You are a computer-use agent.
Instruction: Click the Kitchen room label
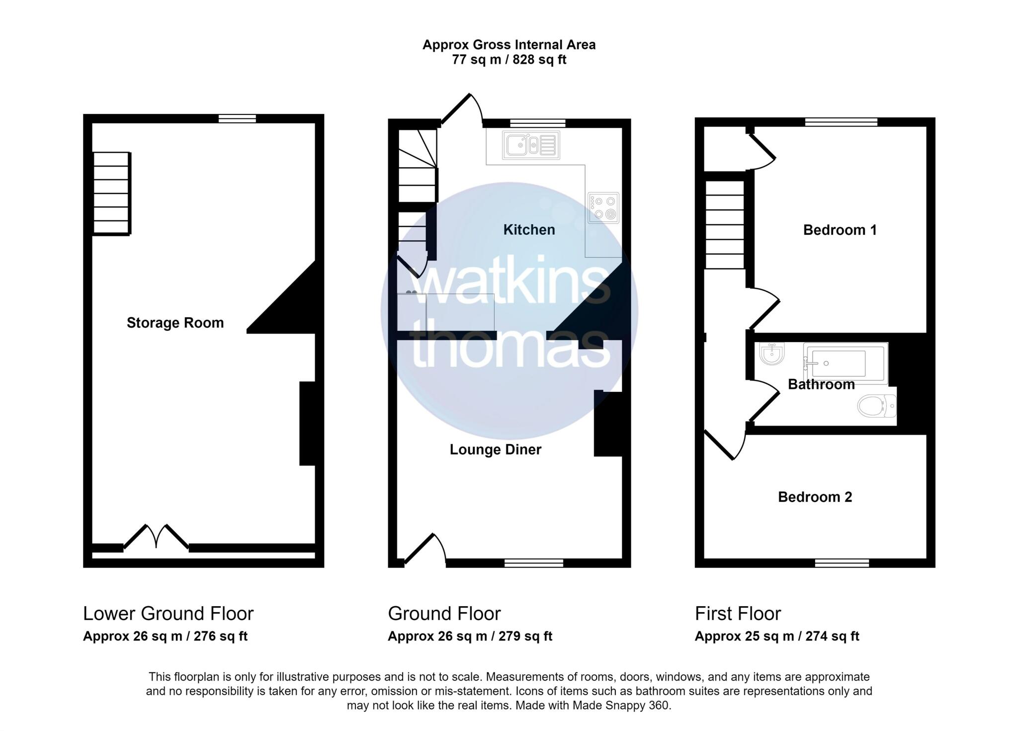click(x=529, y=230)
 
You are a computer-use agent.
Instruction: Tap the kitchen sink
click(x=531, y=145)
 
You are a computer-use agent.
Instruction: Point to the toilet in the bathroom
click(x=877, y=406)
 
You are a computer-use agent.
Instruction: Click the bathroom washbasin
click(x=771, y=354)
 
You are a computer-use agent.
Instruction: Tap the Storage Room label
click(x=175, y=323)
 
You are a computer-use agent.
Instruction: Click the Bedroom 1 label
click(x=840, y=230)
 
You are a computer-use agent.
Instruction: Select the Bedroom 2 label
click(x=815, y=497)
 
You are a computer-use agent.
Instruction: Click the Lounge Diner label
click(x=495, y=450)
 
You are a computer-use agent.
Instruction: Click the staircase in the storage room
click(x=112, y=193)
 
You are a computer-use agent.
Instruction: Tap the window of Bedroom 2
click(x=842, y=563)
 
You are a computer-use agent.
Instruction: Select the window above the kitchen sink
click(x=538, y=123)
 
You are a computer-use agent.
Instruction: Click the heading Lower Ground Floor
click(x=168, y=614)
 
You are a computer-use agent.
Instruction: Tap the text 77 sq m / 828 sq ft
click(x=509, y=60)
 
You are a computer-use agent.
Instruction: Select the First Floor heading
click(x=738, y=614)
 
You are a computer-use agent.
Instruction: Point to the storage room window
click(x=238, y=118)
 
